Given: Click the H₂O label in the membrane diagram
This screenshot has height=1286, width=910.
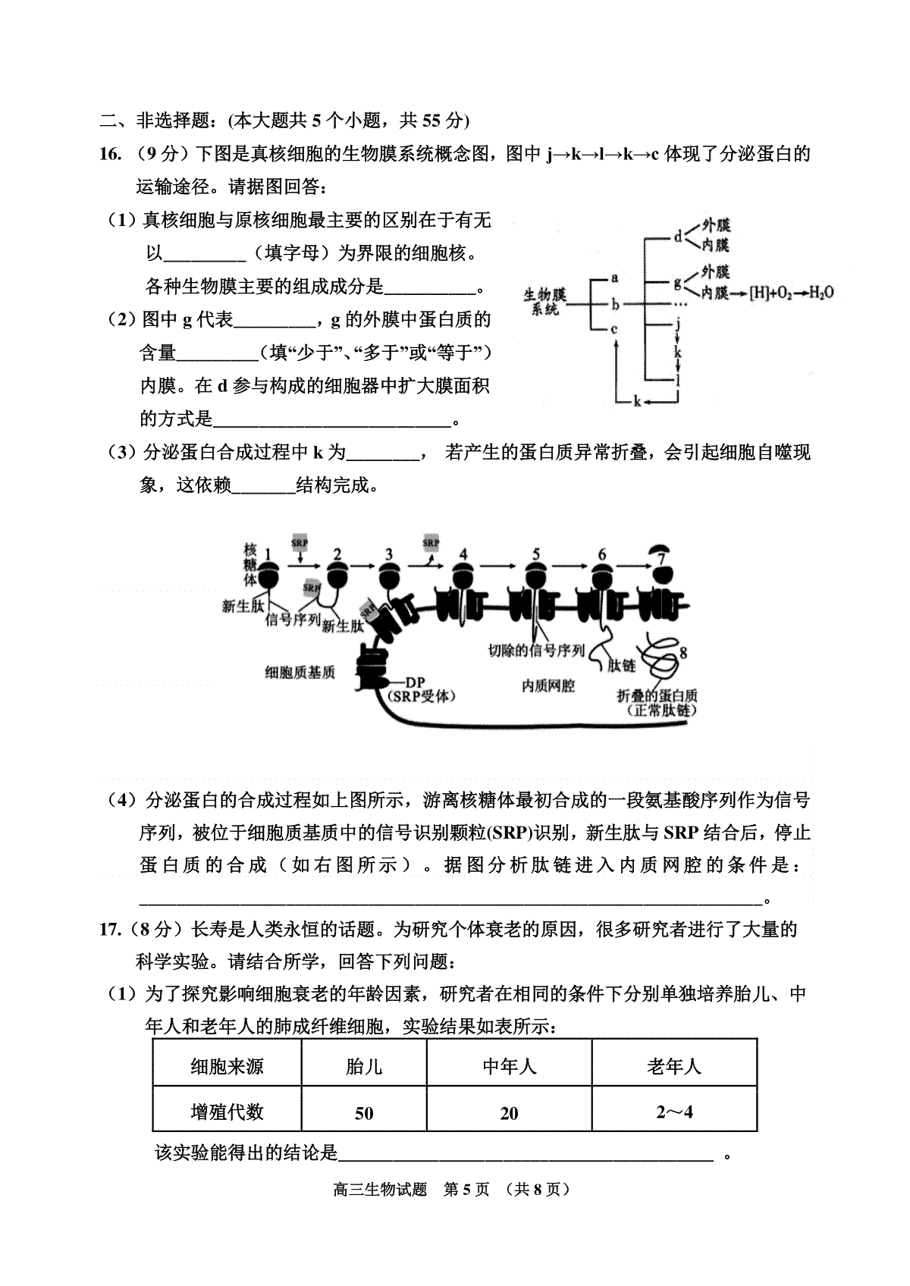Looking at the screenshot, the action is (821, 293).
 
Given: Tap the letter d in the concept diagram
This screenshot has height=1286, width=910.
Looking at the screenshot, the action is (678, 236).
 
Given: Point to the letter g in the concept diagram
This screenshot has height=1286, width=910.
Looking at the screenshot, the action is (678, 283).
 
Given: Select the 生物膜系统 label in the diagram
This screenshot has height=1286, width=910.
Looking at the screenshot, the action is (544, 302).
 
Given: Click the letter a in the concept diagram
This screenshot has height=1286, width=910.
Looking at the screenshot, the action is (615, 278).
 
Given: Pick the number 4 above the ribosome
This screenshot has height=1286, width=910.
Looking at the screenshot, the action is (463, 554).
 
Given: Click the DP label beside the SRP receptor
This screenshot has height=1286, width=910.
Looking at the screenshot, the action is (415, 682).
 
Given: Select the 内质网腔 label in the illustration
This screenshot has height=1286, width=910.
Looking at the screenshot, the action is (548, 685).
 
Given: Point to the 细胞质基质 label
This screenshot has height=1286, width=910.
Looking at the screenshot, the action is (300, 673).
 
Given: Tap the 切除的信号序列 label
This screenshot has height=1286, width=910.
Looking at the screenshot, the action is (536, 651).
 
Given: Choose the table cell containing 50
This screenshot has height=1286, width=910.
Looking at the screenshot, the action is (364, 1112).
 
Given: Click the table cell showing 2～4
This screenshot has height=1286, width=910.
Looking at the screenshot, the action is (675, 1112).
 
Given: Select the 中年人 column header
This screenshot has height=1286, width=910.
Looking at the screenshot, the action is (510, 1067).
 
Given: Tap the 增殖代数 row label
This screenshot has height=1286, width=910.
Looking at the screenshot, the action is (227, 1112).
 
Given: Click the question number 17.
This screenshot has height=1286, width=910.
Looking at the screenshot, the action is (109, 929).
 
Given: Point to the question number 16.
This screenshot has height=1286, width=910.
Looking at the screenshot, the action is (110, 154).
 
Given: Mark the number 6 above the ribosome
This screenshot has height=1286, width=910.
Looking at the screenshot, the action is (601, 554).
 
